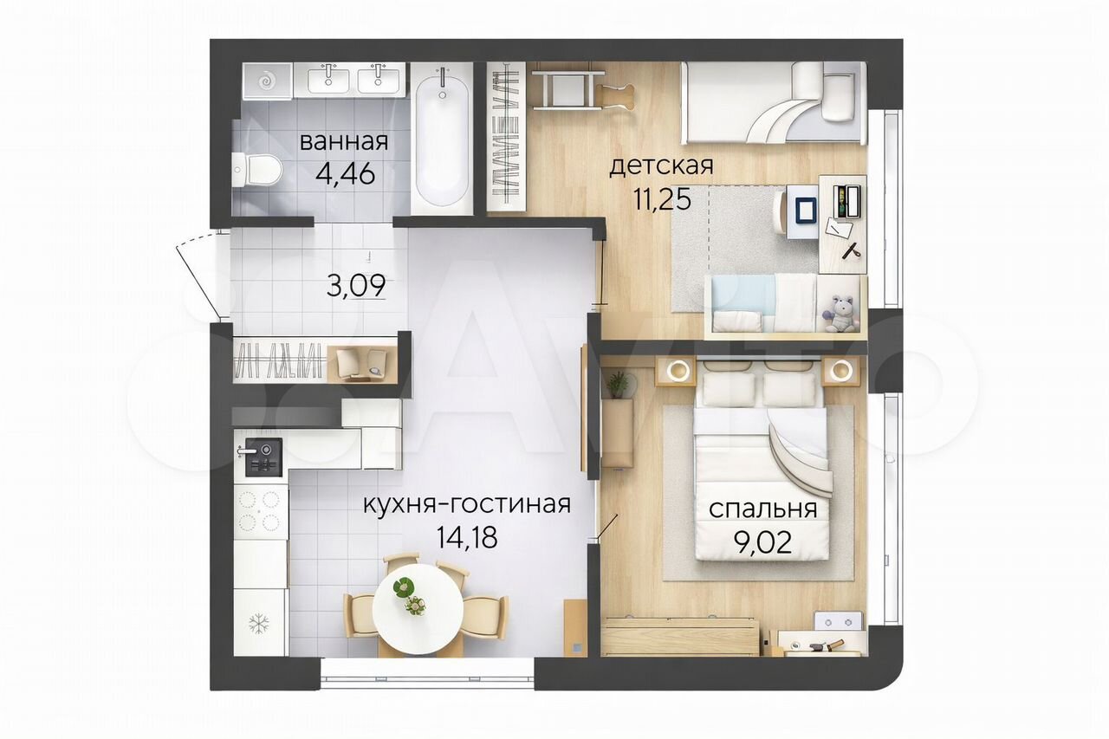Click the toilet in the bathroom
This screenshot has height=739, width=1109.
pyautogui.click(x=256, y=171)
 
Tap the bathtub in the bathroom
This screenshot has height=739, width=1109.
pyautogui.click(x=442, y=141)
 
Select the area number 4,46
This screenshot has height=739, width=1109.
pyautogui.click(x=345, y=174)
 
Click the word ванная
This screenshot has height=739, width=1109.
pyautogui.click(x=344, y=142)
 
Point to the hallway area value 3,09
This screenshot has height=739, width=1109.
pyautogui.click(x=356, y=285)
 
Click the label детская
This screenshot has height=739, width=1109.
pyautogui.click(x=661, y=165)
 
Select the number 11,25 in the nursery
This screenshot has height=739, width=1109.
pyautogui.click(x=661, y=199)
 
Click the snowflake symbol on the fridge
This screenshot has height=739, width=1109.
pyautogui.click(x=258, y=624)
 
